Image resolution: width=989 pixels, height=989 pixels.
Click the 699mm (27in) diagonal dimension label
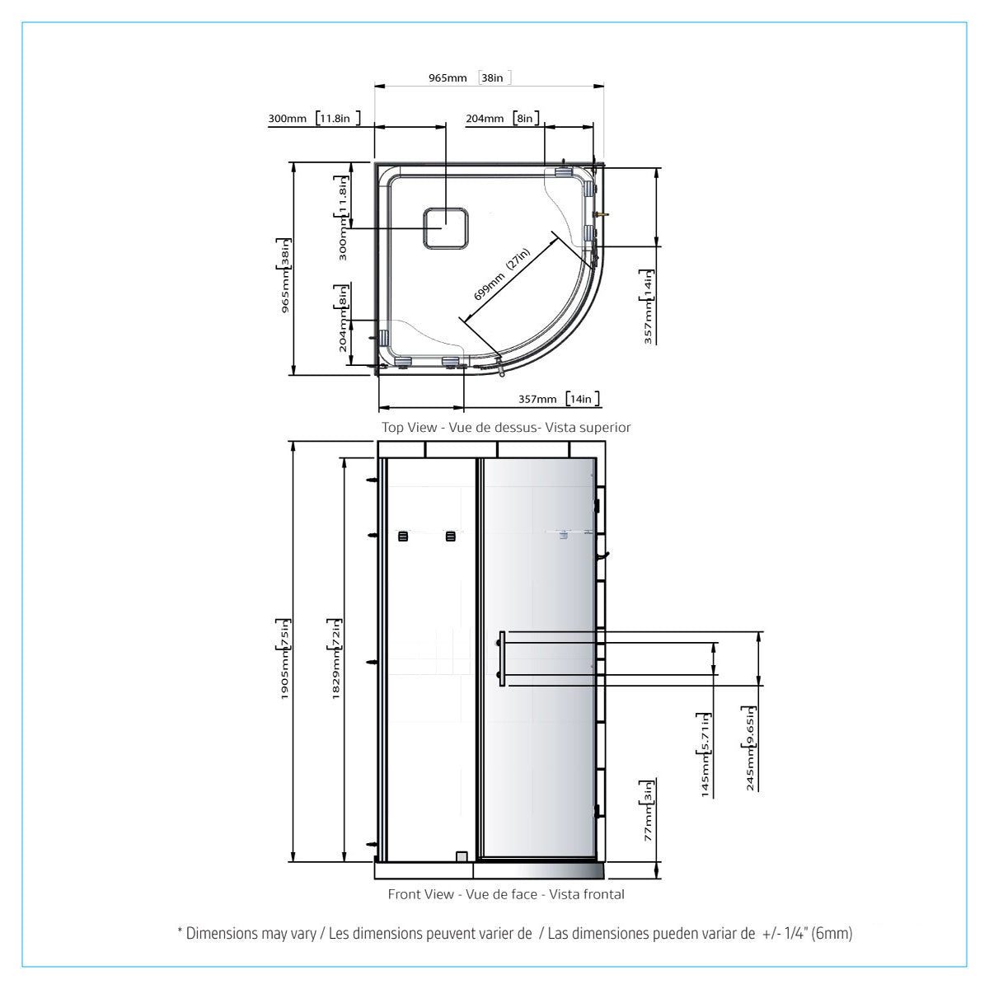coord(501,274)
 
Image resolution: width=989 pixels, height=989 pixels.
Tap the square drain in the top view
coord(446,228)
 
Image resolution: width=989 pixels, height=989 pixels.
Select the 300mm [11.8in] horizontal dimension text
coord(314,118)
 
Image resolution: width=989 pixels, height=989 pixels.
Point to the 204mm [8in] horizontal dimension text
coord(503,118)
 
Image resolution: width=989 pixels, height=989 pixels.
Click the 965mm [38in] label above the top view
coord(470,77)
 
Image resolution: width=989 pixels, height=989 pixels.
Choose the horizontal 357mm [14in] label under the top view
coord(559,399)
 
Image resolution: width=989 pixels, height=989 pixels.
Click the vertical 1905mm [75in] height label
coord(284,659)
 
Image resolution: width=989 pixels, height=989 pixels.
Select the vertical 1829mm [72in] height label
coord(335,659)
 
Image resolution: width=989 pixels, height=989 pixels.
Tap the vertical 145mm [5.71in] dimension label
coord(705,754)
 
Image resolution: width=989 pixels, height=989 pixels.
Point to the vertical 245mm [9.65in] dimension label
coord(750,748)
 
